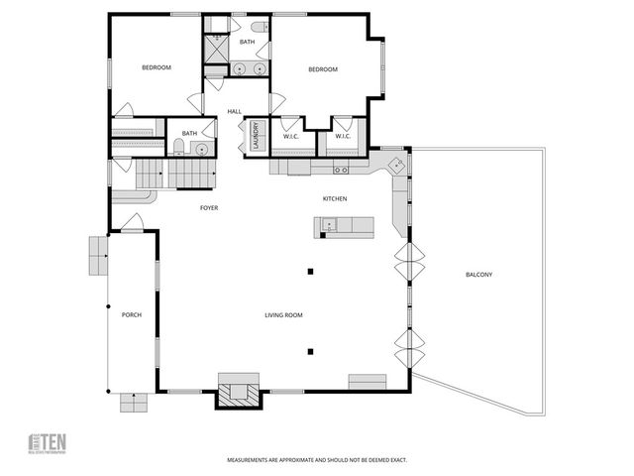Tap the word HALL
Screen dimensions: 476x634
[x=235, y=111]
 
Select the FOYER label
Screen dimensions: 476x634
[x=209, y=208]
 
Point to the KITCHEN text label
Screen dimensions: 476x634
[x=334, y=199]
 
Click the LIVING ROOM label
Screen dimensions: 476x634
[x=283, y=315]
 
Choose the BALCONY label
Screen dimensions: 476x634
[x=477, y=275]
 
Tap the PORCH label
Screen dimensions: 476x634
[x=131, y=315]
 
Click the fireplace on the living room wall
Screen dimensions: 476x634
[x=239, y=391]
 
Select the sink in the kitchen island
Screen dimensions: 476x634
[x=330, y=227]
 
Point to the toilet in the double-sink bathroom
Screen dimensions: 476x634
[x=257, y=29]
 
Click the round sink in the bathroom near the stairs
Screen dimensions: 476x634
[x=200, y=149]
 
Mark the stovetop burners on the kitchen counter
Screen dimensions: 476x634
[x=298, y=166]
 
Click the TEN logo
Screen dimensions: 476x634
[x=46, y=443]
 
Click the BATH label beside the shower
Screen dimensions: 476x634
[x=247, y=43]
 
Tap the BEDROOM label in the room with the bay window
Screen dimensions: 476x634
[x=323, y=69]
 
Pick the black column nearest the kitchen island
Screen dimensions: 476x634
[x=311, y=271]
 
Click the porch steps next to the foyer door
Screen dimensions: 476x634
[x=98, y=256]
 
